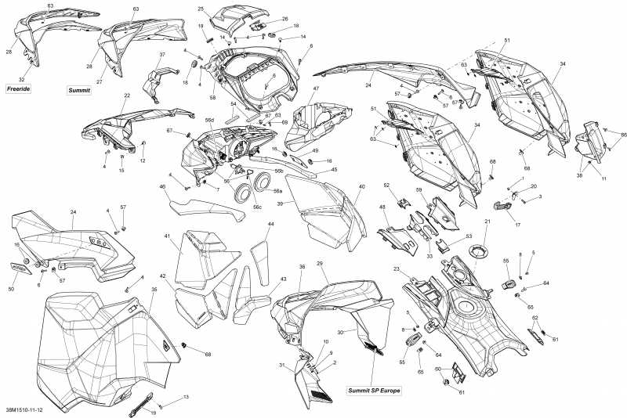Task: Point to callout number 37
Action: [x=162, y=55]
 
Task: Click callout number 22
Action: [x=126, y=95]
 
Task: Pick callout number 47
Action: [x=317, y=90]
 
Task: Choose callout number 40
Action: [x=362, y=187]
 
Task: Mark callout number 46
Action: [x=162, y=187]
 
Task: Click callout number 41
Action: [x=167, y=236]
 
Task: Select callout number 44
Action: [x=270, y=224]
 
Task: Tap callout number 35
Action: [x=154, y=290]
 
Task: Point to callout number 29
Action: [x=320, y=264]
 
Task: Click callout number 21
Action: [x=486, y=222]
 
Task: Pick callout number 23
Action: [x=397, y=270]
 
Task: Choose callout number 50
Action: [x=11, y=290]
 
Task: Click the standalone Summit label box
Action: [x=78, y=91]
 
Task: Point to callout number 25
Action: [x=201, y=9]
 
